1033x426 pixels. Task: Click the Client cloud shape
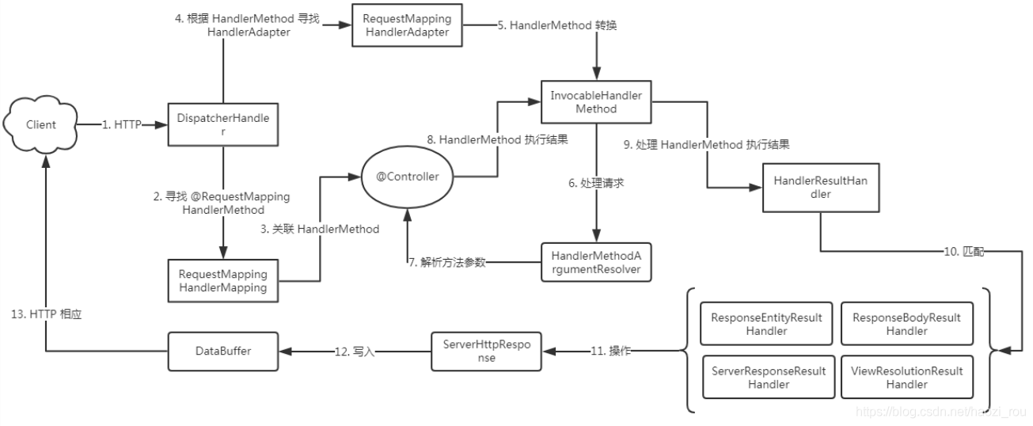40,124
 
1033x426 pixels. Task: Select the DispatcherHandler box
223,124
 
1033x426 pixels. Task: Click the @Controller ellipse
406,177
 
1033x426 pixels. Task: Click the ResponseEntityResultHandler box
767,325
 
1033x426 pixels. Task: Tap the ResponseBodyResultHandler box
906,325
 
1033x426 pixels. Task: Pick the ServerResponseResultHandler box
767,378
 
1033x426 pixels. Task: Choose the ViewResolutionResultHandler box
906,378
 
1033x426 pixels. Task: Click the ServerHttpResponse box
487,352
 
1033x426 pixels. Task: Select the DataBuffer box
223,351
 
